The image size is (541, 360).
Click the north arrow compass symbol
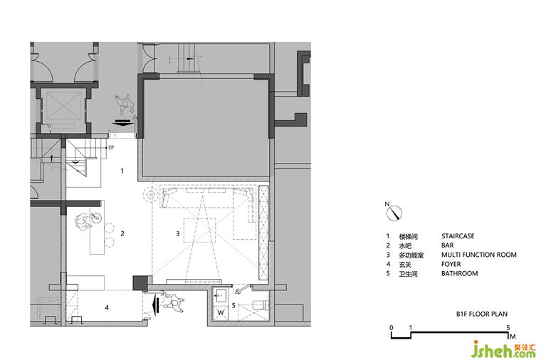(x=394, y=213)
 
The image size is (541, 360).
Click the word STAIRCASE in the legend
(x=458, y=236)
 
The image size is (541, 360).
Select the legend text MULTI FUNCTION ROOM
(x=479, y=255)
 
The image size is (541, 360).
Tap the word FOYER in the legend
(x=451, y=264)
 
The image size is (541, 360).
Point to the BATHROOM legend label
(x=460, y=273)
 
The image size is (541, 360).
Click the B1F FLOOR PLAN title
(x=482, y=314)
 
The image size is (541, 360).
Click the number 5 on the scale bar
(x=508, y=327)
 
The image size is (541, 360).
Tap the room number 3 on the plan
(x=178, y=233)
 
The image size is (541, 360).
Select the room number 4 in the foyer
(x=107, y=307)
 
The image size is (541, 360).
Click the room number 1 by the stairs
(x=122, y=170)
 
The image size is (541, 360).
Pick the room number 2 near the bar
(x=122, y=233)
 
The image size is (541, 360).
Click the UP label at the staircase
(x=111, y=147)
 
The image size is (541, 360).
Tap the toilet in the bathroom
(x=260, y=305)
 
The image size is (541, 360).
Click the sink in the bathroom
(x=221, y=296)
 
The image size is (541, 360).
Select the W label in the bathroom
(x=221, y=313)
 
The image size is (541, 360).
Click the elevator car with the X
(x=63, y=106)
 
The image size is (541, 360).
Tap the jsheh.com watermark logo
(x=503, y=349)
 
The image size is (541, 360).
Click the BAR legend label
(x=448, y=245)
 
